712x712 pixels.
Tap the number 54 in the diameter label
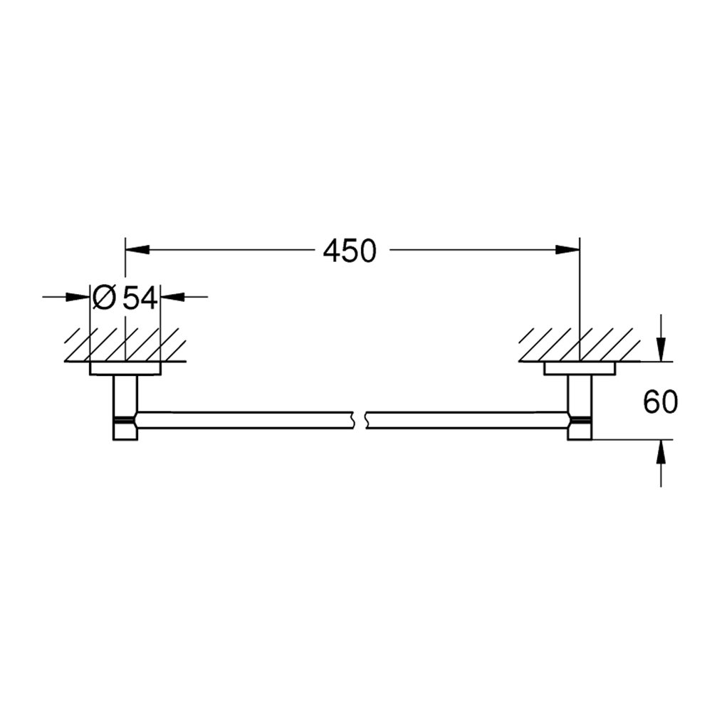coord(140,297)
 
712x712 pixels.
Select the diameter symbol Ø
coord(104,297)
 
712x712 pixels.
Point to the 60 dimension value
coord(660,402)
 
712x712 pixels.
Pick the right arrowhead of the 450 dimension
coord(567,249)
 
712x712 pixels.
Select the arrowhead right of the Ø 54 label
coord(174,296)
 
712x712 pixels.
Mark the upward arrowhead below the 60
coord(661,450)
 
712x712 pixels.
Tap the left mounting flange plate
coord(125,368)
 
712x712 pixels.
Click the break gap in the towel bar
coord(359,419)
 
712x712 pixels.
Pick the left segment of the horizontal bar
coord(242,419)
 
